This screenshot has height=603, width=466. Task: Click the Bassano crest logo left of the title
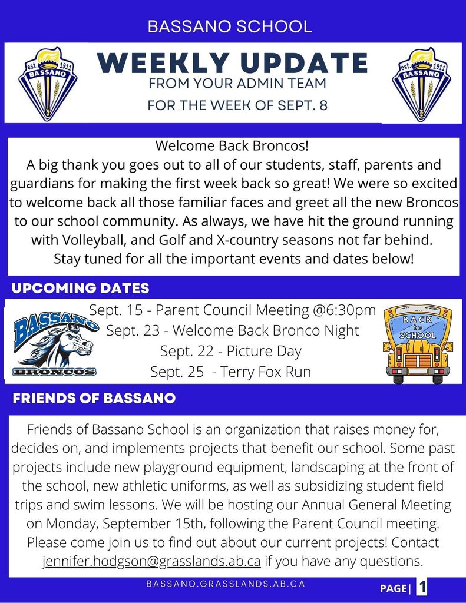point(48,84)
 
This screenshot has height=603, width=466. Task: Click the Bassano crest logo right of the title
point(422,84)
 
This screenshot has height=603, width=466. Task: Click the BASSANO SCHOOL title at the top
point(230,26)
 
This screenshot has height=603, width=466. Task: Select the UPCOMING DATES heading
point(81,289)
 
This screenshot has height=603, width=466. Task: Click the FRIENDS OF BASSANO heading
point(94,399)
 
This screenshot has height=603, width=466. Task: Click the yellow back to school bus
point(417,344)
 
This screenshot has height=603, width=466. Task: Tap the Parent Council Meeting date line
point(232,310)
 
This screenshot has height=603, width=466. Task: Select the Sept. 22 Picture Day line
point(231,352)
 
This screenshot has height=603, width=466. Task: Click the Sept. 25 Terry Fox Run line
point(231,372)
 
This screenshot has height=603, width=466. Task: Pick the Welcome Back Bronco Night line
point(232,330)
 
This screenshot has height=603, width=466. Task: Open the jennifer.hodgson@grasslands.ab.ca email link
point(152,561)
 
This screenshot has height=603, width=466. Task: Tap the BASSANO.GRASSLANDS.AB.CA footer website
point(226,584)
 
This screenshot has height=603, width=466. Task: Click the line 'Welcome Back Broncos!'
point(232,145)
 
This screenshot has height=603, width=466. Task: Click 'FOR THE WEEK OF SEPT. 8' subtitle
point(237,107)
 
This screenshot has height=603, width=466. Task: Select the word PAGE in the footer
point(392,588)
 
